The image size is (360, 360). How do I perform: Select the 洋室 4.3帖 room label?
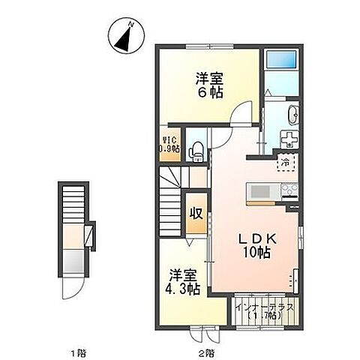point(183,280)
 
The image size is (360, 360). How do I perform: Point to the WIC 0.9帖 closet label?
point(168,145)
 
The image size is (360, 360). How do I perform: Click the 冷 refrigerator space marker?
point(285,162)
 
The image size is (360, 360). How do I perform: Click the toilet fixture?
point(195,150)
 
